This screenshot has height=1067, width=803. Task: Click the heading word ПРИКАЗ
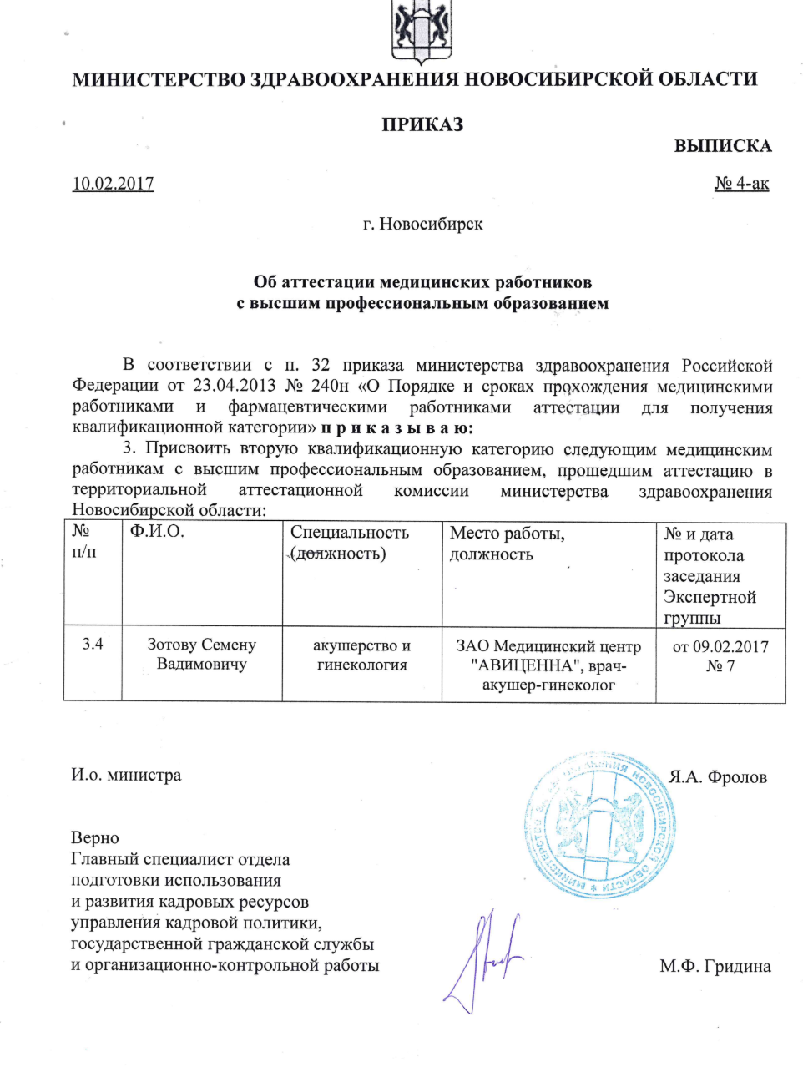422,125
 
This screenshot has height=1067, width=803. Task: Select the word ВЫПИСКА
722,146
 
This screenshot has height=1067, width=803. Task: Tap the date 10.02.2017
114,184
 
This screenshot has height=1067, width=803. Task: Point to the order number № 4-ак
741,184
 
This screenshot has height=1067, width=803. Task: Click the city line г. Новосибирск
422,224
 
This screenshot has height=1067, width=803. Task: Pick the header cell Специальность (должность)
350,543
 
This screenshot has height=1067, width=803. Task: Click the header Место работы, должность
507,544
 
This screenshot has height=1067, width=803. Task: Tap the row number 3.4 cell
93,644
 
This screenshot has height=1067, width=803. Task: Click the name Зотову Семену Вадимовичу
202,655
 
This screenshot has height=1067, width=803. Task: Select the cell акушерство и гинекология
361,655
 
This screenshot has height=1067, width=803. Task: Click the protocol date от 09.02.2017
720,646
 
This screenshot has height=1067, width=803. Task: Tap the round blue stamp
600,825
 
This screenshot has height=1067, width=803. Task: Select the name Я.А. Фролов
718,777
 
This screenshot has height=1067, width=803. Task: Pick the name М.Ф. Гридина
715,967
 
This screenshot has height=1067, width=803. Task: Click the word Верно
95,838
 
